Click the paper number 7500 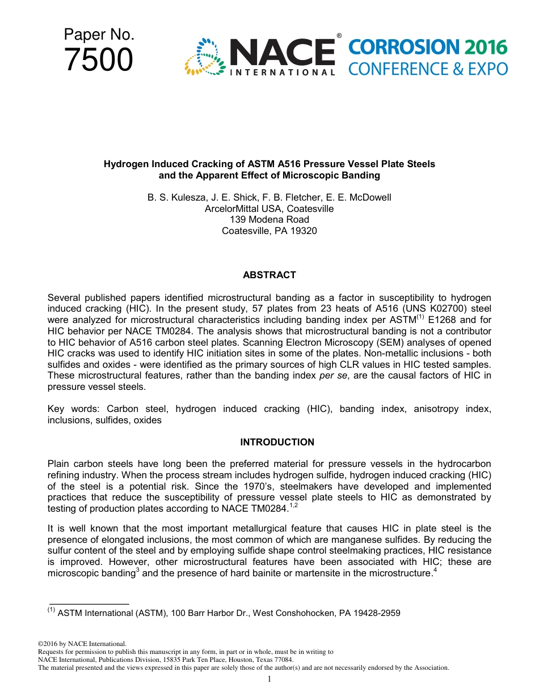[x=99, y=60]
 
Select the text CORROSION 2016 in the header [x=427, y=48]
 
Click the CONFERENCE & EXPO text [x=427, y=69]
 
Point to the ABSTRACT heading [x=269, y=275]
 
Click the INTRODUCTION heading [x=277, y=443]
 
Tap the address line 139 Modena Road [x=269, y=220]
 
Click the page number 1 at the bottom [x=269, y=679]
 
